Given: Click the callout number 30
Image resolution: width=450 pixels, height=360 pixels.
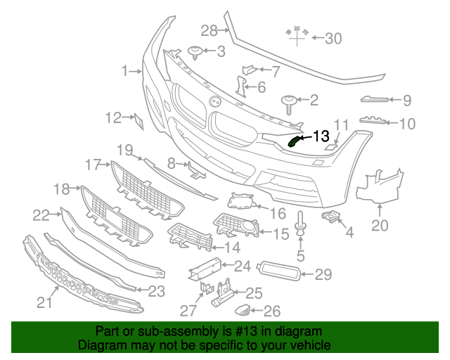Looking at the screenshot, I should click(333, 39).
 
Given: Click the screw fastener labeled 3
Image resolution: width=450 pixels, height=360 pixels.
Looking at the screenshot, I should click(196, 51).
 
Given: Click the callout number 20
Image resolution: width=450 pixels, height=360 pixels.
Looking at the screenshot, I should click(380, 226).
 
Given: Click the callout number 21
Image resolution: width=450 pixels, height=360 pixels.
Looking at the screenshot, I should click(44, 302).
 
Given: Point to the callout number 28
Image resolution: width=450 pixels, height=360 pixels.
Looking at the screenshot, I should click(210, 30).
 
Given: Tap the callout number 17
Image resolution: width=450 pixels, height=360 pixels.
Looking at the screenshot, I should click(94, 165).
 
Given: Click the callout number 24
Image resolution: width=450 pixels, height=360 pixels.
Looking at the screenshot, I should click(243, 266).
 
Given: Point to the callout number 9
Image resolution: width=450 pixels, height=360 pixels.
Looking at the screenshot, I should click(407, 101).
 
